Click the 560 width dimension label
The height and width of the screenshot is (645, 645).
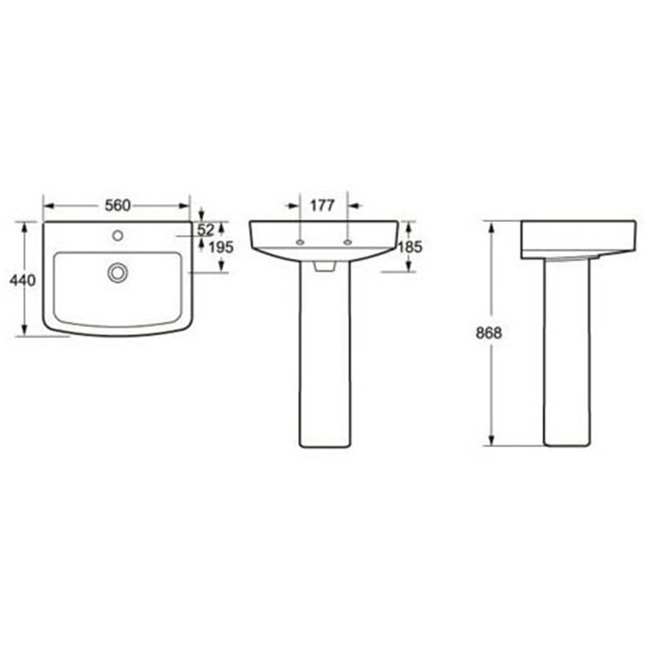click(x=118, y=206)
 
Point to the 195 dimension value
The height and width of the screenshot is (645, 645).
click(x=221, y=247)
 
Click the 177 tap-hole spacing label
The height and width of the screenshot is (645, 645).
click(x=322, y=206)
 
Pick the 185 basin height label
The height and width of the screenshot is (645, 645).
click(x=410, y=246)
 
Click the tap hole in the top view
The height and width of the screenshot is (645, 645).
click(x=117, y=235)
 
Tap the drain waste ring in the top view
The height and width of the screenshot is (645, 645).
click(x=117, y=273)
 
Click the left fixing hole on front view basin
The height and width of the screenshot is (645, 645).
click(x=300, y=243)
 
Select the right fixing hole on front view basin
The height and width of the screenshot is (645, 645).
click(x=348, y=243)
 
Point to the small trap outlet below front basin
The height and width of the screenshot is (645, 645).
click(x=324, y=265)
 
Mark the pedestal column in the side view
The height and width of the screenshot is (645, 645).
click(x=566, y=355)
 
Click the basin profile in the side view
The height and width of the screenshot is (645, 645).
click(x=577, y=239)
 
